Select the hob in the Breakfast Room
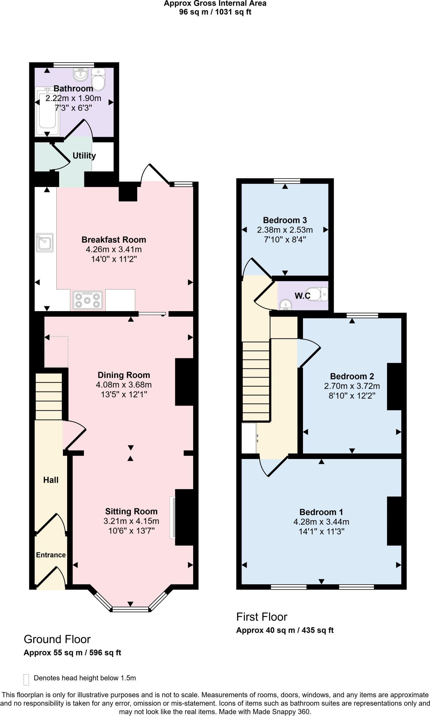[87, 300]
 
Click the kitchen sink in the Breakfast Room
[45, 242]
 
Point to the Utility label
[84, 156]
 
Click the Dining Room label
[124, 375]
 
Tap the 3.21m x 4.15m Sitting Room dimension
[131, 521]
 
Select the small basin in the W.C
[286, 305]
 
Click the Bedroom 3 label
[285, 220]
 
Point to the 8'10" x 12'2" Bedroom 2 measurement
[352, 396]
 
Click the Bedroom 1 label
[321, 512]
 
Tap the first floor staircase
[256, 381]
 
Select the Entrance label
[51, 555]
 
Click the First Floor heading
[261, 617]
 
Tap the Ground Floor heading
[57, 639]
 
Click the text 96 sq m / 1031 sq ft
[215, 12]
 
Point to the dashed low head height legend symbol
[26, 679]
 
